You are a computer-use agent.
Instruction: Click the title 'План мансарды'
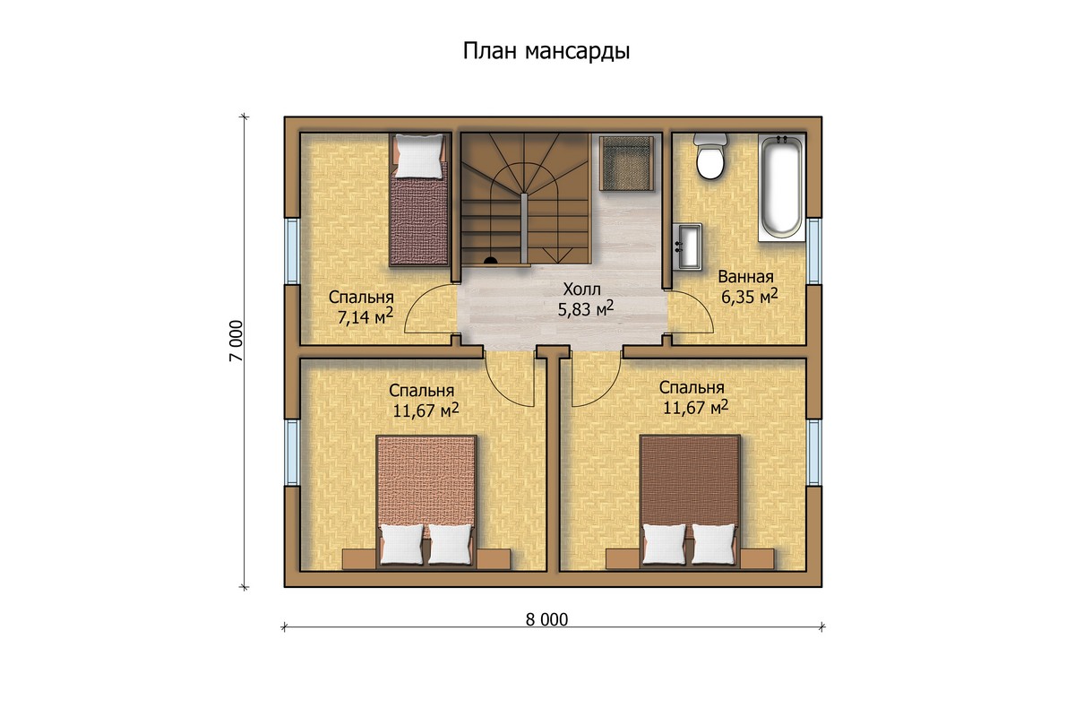[546, 51]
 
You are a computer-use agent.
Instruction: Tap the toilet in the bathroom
[709, 157]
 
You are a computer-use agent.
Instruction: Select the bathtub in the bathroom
[781, 188]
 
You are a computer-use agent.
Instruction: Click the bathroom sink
[687, 246]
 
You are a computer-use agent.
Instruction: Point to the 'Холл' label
[581, 289]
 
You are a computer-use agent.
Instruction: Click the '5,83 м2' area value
[586, 309]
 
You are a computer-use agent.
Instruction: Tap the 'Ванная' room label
[745, 277]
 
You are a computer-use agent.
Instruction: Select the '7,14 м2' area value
[365, 317]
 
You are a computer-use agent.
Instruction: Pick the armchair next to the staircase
[626, 163]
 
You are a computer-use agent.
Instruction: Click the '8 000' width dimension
[546, 620]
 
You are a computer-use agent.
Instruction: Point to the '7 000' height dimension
[236, 341]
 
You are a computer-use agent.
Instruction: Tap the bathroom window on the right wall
[813, 251]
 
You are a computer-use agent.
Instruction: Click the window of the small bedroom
[292, 251]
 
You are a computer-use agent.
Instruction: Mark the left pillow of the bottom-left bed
[401, 545]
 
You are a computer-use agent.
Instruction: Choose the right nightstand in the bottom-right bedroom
[757, 559]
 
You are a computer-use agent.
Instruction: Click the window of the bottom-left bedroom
[292, 453]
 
